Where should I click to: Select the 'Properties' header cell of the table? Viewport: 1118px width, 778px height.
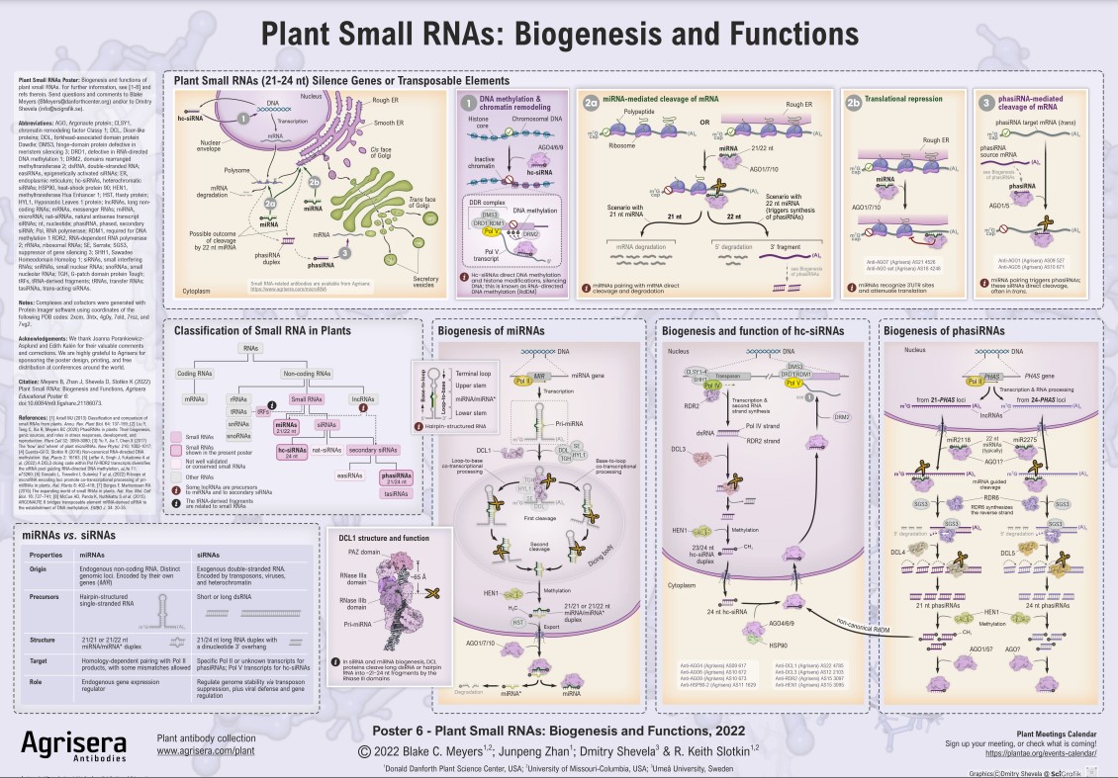[x=63, y=555]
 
